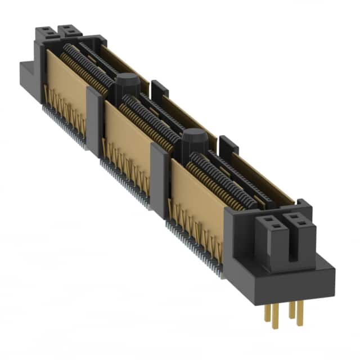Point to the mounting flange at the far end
[x=28, y=79]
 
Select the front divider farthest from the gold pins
[x=94, y=118]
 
